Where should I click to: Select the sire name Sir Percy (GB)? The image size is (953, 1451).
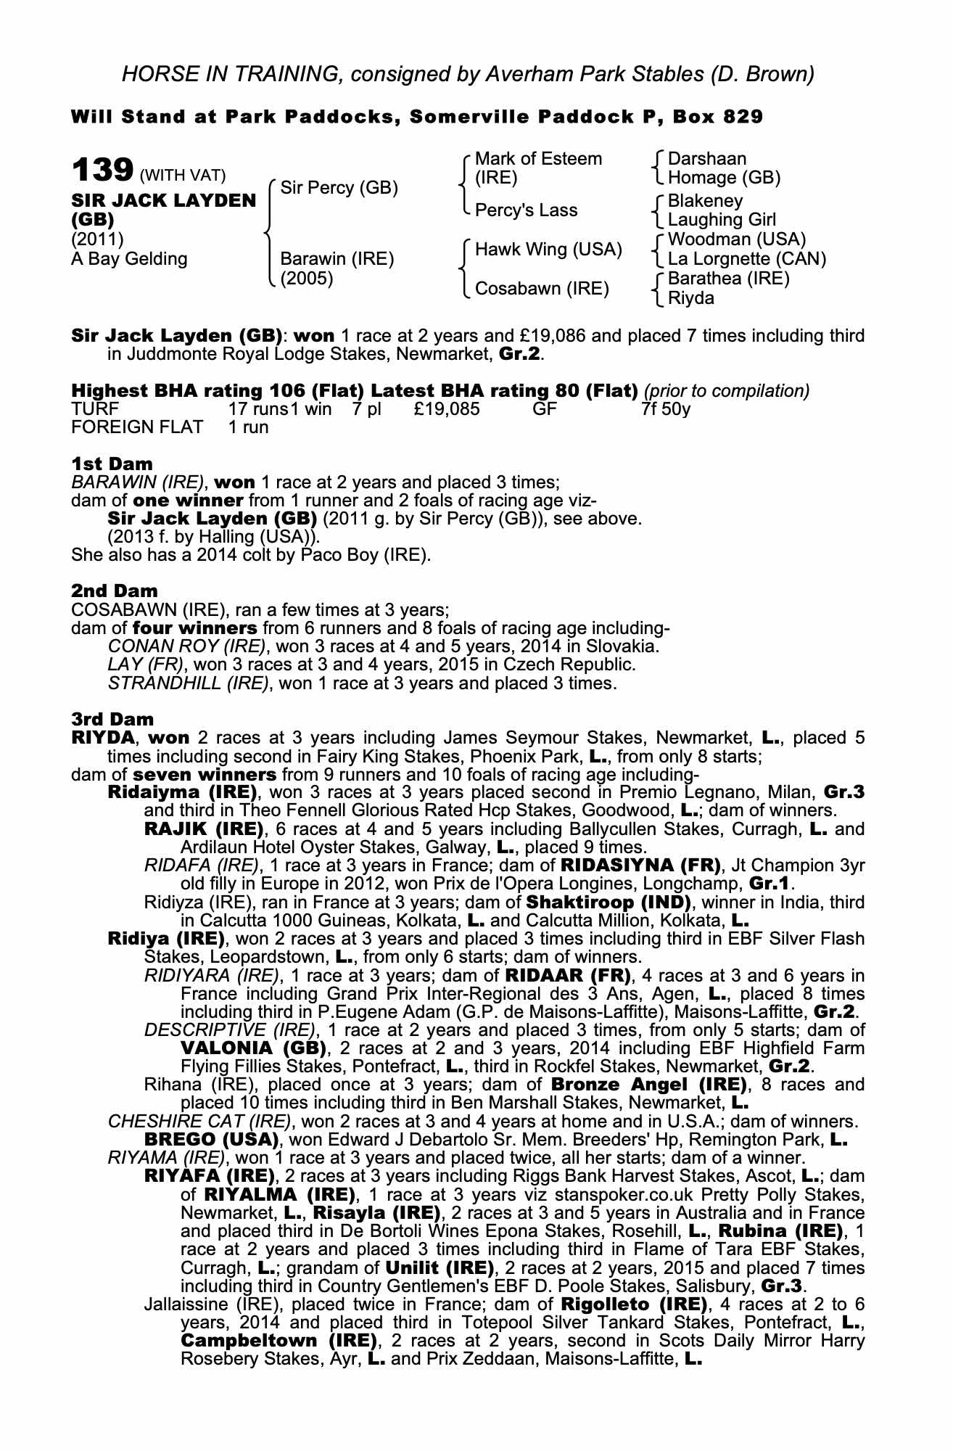(x=339, y=188)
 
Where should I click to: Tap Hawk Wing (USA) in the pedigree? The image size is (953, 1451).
(x=548, y=250)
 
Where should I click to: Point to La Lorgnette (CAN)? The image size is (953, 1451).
(x=746, y=258)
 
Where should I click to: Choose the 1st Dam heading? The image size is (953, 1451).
(x=112, y=464)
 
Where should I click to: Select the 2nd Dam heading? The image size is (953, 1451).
(x=114, y=591)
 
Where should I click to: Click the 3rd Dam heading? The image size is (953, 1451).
(x=112, y=719)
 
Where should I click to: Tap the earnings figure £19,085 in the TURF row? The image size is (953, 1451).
(x=447, y=408)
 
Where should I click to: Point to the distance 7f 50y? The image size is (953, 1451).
(x=665, y=408)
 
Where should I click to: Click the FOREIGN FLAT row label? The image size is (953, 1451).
(x=137, y=427)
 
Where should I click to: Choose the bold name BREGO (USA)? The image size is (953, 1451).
(x=212, y=1139)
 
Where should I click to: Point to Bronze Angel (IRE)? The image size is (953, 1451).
(x=649, y=1085)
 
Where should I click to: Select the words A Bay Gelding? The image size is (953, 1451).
(x=129, y=259)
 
